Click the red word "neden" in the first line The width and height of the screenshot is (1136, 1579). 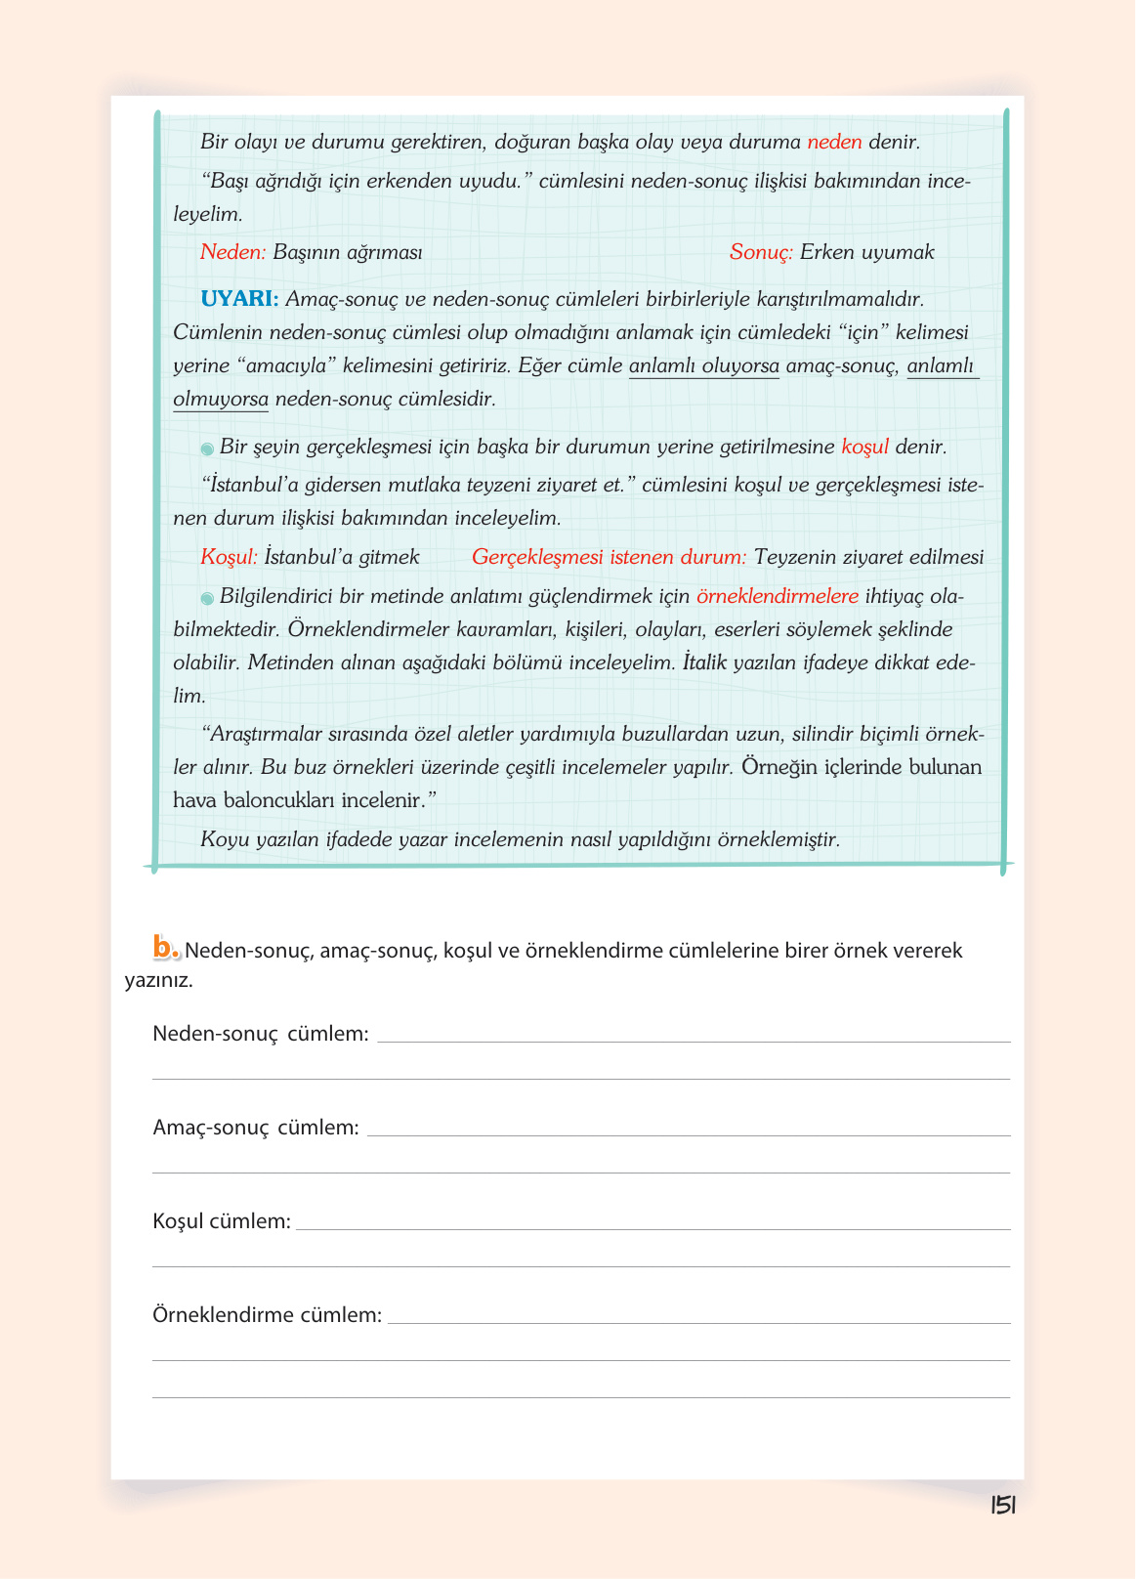(834, 142)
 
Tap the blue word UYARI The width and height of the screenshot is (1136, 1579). (239, 299)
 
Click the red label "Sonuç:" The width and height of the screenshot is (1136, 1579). (761, 252)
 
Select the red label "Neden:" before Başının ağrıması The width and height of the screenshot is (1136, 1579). (232, 252)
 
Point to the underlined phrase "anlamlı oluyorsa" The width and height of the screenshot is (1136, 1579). (703, 366)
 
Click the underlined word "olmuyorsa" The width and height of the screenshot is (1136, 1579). (220, 400)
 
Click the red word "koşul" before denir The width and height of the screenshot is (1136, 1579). (864, 448)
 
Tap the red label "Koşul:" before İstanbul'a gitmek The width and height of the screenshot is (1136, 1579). (229, 557)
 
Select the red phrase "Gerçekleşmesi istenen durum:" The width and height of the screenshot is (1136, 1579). (609, 557)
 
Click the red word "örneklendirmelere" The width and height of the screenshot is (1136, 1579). (777, 596)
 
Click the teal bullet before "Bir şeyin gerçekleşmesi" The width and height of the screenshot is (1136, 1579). (207, 448)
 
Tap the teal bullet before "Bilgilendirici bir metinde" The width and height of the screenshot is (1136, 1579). (207, 598)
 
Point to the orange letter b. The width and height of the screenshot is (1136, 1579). (165, 947)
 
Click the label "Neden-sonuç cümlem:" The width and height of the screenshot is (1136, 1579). (261, 1034)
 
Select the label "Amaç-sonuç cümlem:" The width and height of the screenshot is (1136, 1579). (256, 1128)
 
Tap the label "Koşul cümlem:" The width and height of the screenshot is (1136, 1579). (222, 1221)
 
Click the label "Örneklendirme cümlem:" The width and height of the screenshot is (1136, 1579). (267, 1315)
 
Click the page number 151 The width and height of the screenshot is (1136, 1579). (1003, 1506)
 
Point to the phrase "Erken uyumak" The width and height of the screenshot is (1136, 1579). (866, 252)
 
